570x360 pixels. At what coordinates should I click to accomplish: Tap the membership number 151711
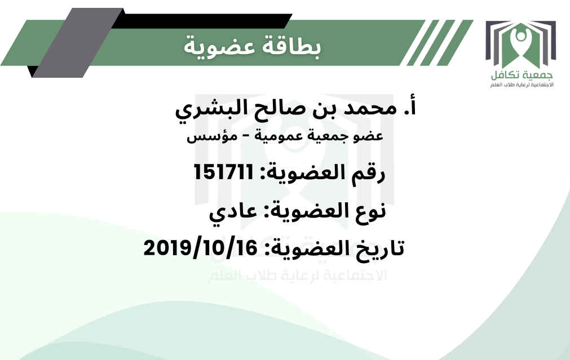pos(224,172)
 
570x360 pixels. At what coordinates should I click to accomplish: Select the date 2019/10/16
pos(201,248)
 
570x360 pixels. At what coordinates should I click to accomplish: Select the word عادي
pos(232,212)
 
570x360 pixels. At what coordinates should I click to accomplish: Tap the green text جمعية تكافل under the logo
pos(522,75)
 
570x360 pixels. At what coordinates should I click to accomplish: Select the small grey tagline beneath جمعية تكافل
pos(522,85)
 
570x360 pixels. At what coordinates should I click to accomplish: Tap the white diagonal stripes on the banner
pos(436,42)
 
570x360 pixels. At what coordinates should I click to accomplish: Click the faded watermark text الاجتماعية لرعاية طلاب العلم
pos(297,275)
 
